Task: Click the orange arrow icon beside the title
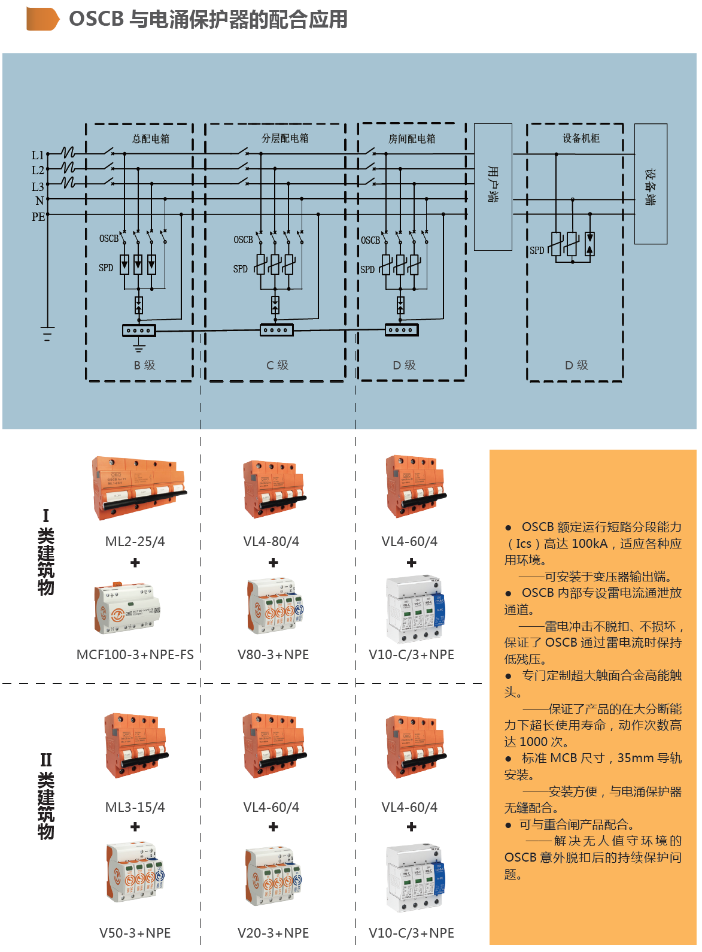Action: click(42, 19)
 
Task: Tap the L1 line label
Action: click(38, 155)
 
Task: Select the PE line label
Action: click(38, 217)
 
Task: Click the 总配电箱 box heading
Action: click(151, 139)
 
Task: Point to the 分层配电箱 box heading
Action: click(285, 138)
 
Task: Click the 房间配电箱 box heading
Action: click(412, 139)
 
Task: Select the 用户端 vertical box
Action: click(493, 186)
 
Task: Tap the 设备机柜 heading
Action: click(581, 138)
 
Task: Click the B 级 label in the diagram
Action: click(144, 365)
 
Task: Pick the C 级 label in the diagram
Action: click(277, 365)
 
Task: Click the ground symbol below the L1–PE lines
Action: click(47, 333)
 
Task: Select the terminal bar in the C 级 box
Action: click(276, 330)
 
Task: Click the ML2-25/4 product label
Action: click(135, 542)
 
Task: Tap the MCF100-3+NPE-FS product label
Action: click(135, 655)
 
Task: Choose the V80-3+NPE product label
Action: click(273, 655)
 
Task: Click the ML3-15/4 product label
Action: click(135, 808)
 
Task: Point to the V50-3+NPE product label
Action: click(135, 933)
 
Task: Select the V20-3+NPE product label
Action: click(273, 933)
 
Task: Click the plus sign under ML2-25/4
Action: click(135, 563)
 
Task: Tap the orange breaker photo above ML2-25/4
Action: click(138, 488)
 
